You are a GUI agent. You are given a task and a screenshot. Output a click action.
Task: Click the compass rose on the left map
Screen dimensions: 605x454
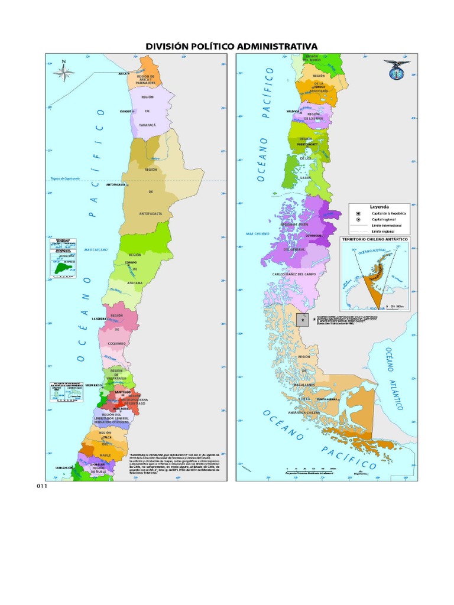tap(64, 72)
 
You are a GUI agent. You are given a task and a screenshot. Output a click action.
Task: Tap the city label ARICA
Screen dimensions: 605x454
tap(124, 74)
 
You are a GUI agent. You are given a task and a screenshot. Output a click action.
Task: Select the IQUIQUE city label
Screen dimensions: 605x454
tap(125, 111)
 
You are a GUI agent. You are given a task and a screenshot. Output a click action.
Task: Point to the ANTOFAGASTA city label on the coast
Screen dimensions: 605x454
tap(116, 185)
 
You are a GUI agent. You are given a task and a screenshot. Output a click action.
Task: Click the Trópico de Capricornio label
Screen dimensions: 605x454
tap(64, 178)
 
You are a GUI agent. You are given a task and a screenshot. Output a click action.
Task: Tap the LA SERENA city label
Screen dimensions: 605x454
tap(98, 318)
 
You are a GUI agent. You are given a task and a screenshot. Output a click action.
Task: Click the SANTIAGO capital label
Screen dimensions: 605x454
tap(123, 391)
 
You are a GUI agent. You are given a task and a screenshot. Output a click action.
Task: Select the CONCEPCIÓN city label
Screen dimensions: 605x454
tap(64, 468)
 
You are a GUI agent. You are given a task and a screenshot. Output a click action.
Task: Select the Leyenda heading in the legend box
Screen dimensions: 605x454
tap(380, 207)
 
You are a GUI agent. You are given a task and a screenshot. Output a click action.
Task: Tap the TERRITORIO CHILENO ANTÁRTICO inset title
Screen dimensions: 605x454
tap(376, 239)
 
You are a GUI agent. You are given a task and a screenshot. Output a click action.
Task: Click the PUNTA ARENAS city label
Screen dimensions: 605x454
tap(327, 399)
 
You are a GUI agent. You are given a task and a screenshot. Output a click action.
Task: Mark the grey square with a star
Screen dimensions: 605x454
tap(301, 320)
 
